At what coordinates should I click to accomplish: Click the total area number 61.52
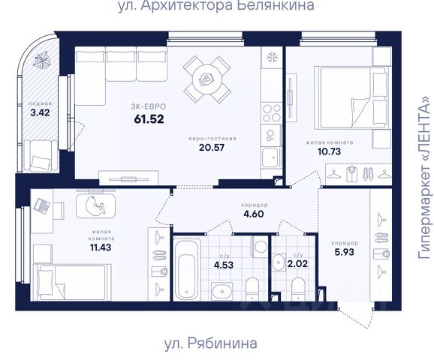(x=149, y=119)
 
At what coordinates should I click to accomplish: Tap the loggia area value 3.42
(x=40, y=112)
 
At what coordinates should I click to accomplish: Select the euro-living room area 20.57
(x=212, y=147)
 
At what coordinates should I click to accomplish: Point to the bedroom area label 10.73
(x=330, y=151)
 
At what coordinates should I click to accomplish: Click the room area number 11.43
(x=101, y=247)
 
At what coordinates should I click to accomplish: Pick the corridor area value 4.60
(x=254, y=214)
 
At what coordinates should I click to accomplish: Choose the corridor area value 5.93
(x=344, y=252)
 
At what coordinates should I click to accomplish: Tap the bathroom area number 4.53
(x=224, y=265)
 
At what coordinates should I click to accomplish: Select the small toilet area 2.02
(x=297, y=263)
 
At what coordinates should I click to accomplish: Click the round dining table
(x=207, y=79)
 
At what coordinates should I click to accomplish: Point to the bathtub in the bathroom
(x=187, y=270)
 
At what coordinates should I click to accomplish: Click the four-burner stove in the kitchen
(x=272, y=113)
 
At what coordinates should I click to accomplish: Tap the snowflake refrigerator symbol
(x=272, y=57)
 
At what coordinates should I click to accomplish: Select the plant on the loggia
(x=42, y=60)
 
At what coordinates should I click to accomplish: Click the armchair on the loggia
(x=41, y=156)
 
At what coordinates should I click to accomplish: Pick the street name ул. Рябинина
(x=211, y=343)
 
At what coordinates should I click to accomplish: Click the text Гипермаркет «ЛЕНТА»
(x=425, y=178)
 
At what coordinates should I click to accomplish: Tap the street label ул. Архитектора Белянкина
(x=216, y=5)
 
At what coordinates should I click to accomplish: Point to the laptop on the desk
(x=42, y=206)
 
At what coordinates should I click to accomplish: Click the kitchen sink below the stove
(x=271, y=157)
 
